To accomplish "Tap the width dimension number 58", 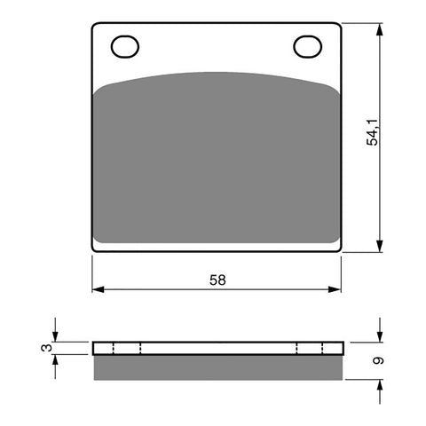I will click(218, 280).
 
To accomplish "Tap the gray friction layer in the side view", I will click(217, 367).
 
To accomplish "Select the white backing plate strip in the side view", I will click(217, 348).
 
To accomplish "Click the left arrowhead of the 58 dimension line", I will click(97, 289).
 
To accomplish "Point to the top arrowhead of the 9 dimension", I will click(380, 336).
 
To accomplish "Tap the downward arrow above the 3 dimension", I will click(57, 336).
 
